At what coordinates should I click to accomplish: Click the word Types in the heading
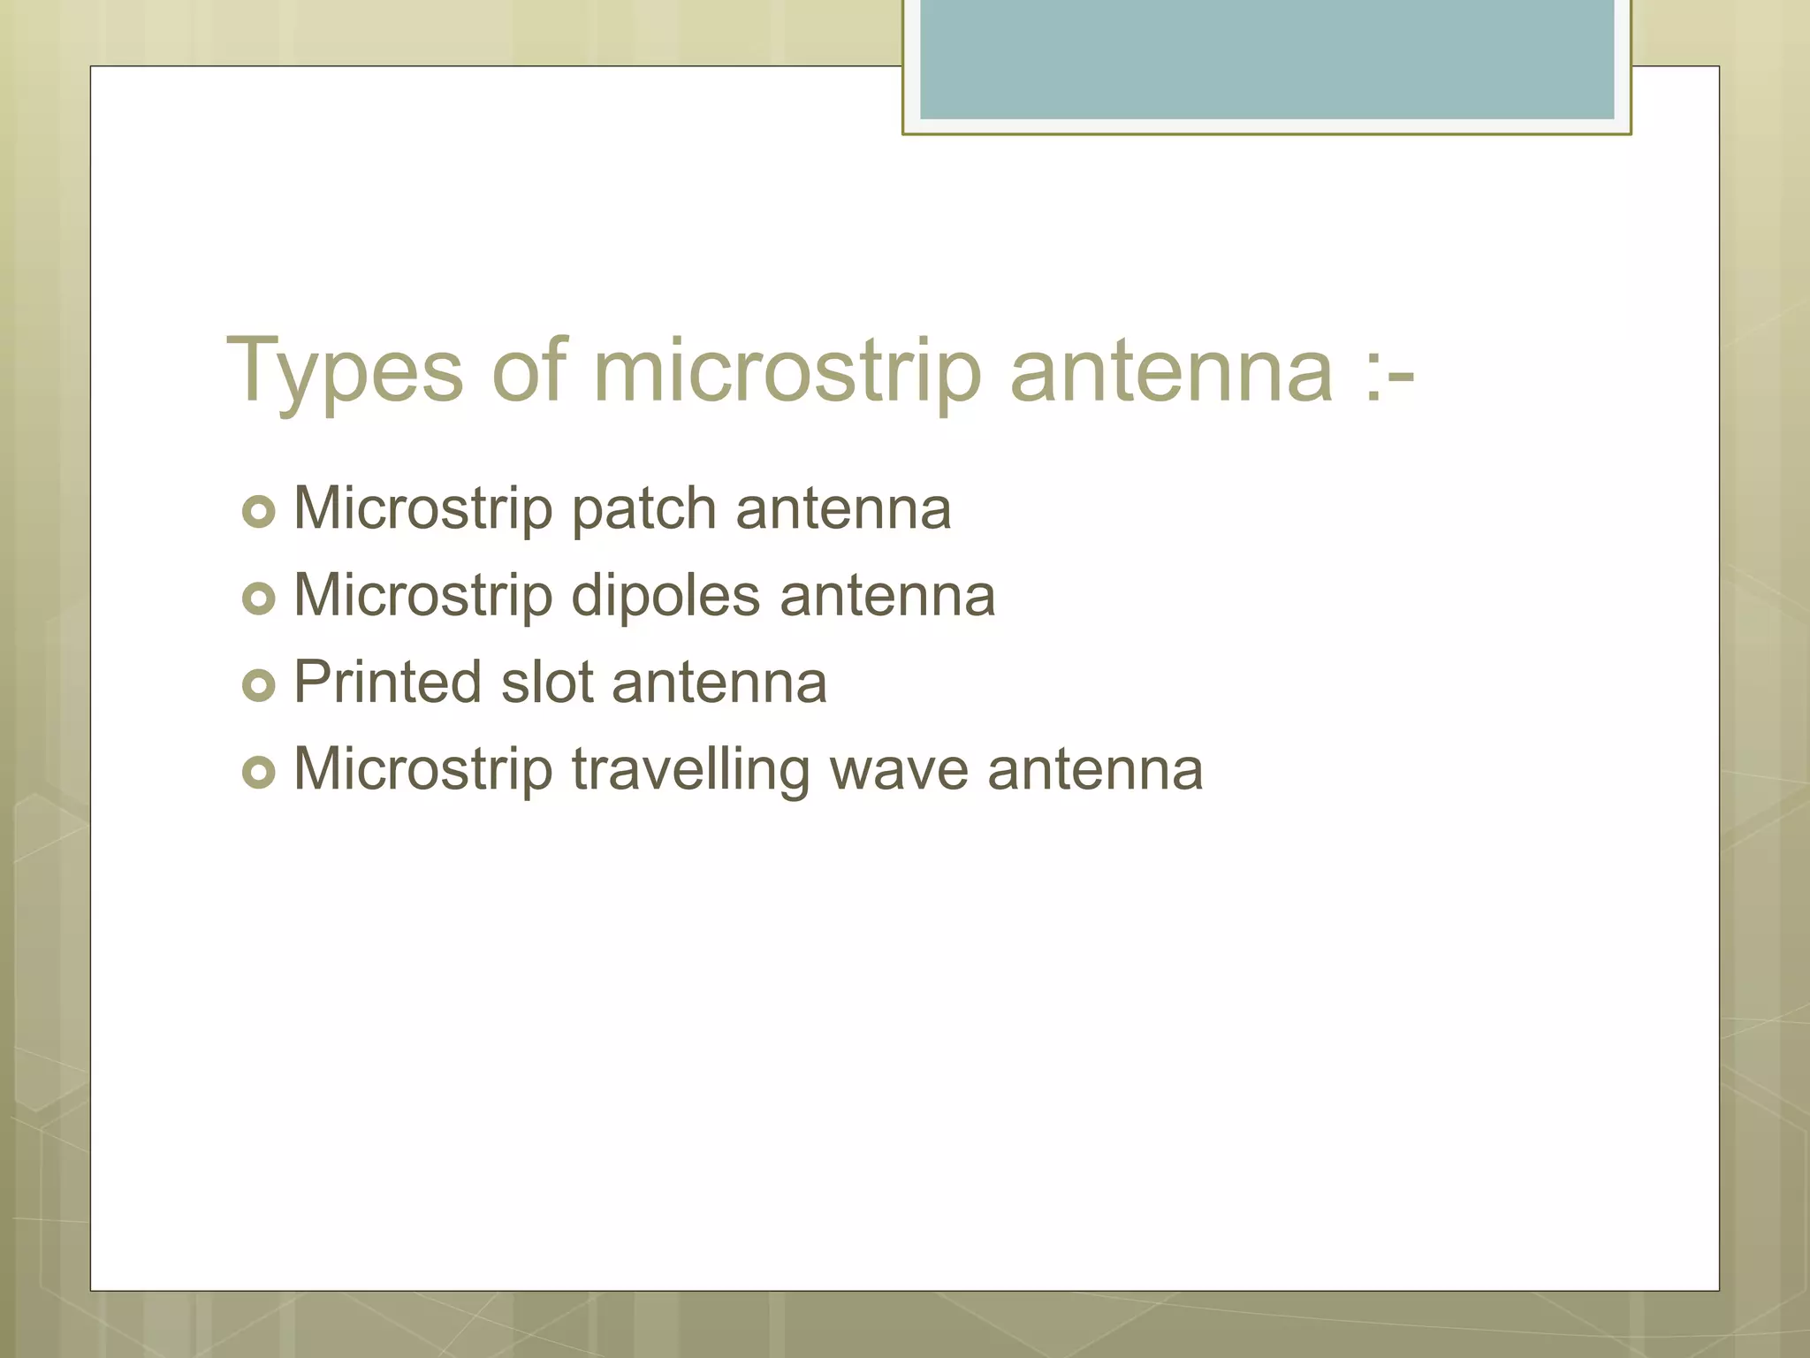pos(345,371)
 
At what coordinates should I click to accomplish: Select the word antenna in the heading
pos(1171,371)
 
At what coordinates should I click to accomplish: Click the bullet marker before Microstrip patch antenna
pos(259,512)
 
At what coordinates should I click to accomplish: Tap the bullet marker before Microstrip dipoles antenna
pos(259,599)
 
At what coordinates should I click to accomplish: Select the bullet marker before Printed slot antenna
pos(259,685)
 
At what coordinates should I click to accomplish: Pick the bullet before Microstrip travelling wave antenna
pos(259,772)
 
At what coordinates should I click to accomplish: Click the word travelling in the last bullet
pos(690,769)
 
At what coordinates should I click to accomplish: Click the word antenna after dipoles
pos(887,597)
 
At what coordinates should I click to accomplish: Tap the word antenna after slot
pos(719,683)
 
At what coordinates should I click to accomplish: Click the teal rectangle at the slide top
pos(1266,59)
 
